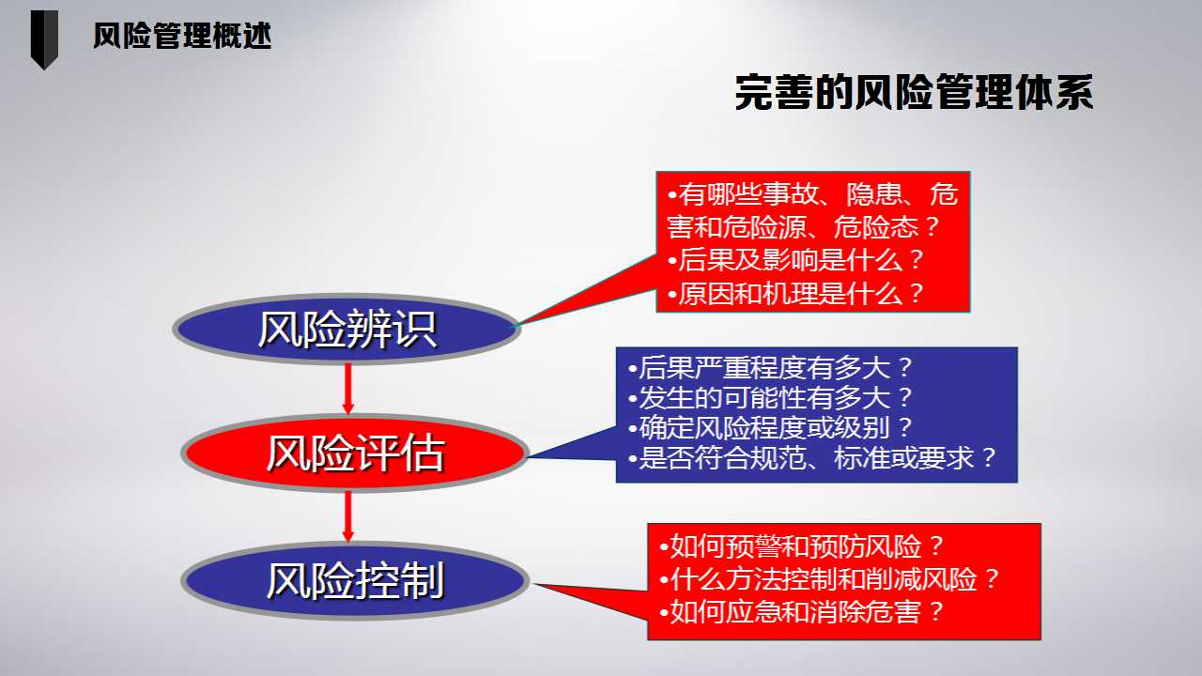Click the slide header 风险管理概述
182,37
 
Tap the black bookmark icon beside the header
44,39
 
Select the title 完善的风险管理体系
914,93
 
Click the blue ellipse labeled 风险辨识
347,329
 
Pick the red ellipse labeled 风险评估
355,453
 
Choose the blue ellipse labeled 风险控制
355,581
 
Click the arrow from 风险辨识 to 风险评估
347,389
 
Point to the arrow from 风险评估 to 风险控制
347,516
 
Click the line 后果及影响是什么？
795,260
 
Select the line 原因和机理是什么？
795,294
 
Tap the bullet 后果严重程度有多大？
770,367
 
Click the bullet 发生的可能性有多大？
770,397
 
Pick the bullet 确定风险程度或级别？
770,427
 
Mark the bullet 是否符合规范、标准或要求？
812,458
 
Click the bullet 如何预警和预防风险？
802,546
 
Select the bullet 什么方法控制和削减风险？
829,579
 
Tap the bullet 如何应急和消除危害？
802,611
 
